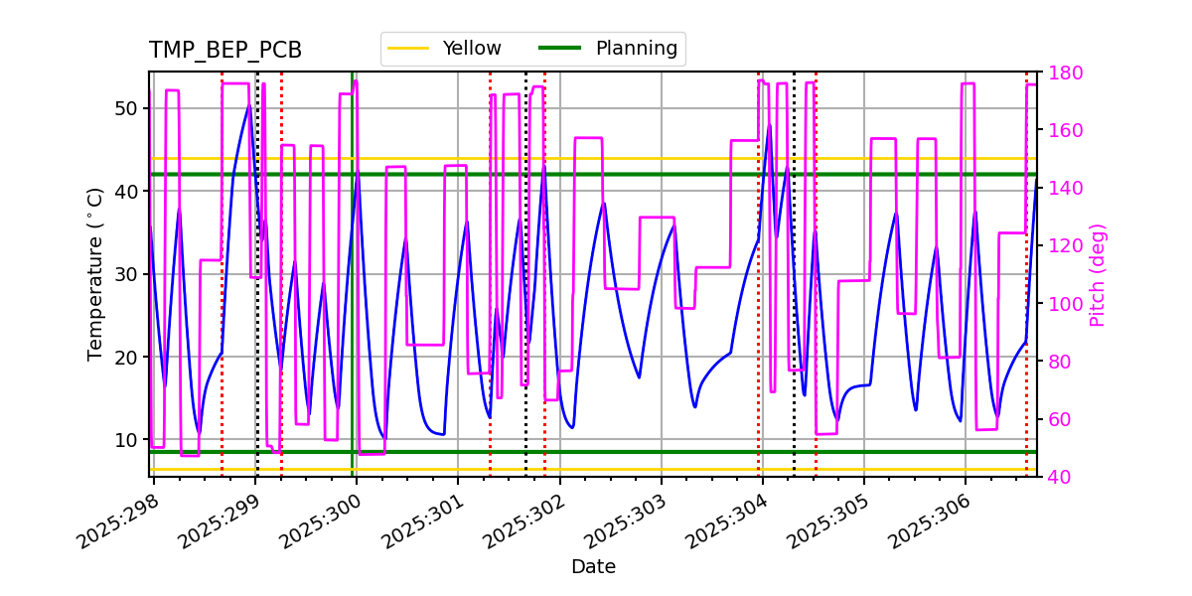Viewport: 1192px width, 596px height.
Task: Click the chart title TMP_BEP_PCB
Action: coord(225,51)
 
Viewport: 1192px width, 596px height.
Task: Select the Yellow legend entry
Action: coord(472,49)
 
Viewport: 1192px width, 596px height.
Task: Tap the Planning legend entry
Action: coord(636,49)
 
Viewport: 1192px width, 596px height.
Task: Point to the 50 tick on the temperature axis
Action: coord(125,108)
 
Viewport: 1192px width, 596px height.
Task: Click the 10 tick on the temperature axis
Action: coord(125,439)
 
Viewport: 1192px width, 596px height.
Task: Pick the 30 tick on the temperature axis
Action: coord(125,274)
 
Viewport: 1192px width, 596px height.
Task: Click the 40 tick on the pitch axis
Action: coord(1059,477)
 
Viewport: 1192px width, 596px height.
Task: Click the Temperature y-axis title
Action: coord(95,274)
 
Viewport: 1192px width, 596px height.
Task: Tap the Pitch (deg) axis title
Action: coord(1098,274)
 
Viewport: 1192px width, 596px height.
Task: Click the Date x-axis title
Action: coord(593,567)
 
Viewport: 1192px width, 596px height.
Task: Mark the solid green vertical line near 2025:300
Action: coord(352,298)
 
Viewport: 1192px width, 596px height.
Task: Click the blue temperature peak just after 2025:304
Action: coord(768,124)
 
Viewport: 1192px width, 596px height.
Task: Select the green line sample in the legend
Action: coord(559,49)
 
